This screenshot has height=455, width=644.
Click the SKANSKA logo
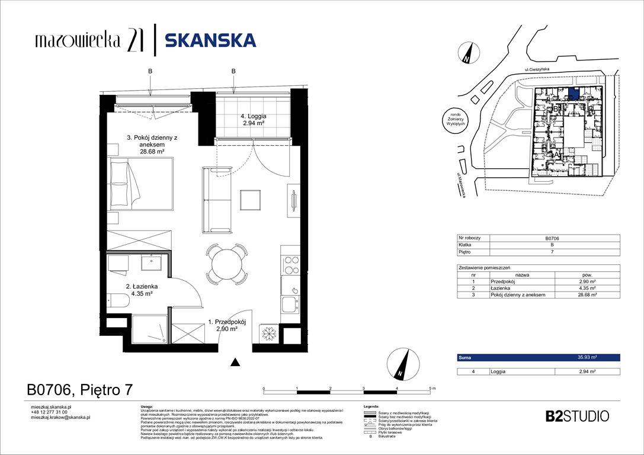point(210,40)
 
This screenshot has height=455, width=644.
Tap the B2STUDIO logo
point(576,416)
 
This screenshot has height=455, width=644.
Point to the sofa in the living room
point(217,200)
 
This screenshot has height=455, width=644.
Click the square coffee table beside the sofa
point(251,198)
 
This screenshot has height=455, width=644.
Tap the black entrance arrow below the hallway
point(235,362)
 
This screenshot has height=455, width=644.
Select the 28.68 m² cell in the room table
point(587,295)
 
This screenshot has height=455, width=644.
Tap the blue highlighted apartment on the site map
point(573,93)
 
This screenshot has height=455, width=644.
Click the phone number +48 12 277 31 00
point(50,412)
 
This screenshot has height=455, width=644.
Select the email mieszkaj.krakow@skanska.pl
point(60,418)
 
